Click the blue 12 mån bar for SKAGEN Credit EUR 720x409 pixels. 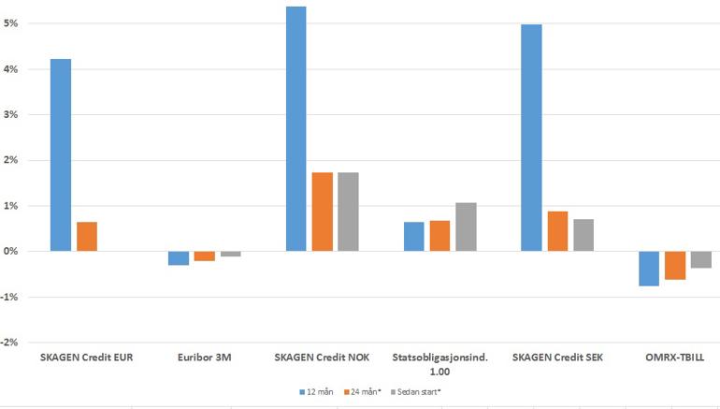point(61,154)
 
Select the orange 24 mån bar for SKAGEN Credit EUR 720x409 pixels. point(87,236)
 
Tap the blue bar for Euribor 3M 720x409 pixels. point(178,258)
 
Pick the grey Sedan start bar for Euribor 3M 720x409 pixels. point(230,254)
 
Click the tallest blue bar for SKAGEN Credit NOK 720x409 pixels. point(295,129)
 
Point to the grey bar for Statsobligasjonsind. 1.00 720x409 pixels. point(466,226)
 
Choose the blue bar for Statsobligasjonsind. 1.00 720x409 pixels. point(413,236)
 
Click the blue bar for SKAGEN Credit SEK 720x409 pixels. point(531,138)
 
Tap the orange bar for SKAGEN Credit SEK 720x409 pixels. point(557,231)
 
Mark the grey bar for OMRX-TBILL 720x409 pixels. point(701,259)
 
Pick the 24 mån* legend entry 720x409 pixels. point(358,391)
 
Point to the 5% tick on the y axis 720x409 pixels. point(11,23)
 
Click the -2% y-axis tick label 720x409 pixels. point(10,343)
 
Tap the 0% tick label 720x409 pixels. point(11,252)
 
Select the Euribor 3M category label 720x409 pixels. point(204,357)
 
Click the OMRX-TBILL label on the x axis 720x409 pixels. point(675,357)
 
